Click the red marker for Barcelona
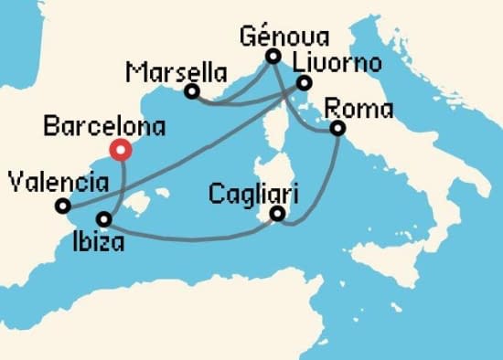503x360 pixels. (119, 150)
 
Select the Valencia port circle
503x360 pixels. (61, 206)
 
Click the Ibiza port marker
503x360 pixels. (104, 220)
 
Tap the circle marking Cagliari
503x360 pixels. (278, 216)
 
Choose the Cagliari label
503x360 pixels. (250, 193)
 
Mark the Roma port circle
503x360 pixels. (337, 129)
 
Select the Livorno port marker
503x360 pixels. (304, 84)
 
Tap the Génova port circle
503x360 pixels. (273, 57)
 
